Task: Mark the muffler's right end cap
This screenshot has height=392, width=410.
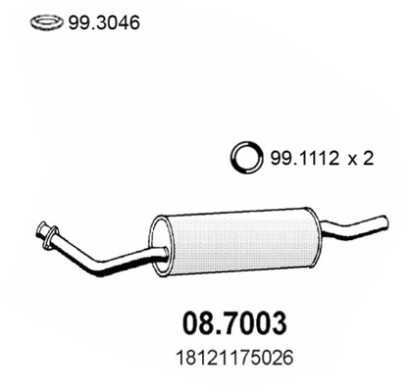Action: tap(310, 228)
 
